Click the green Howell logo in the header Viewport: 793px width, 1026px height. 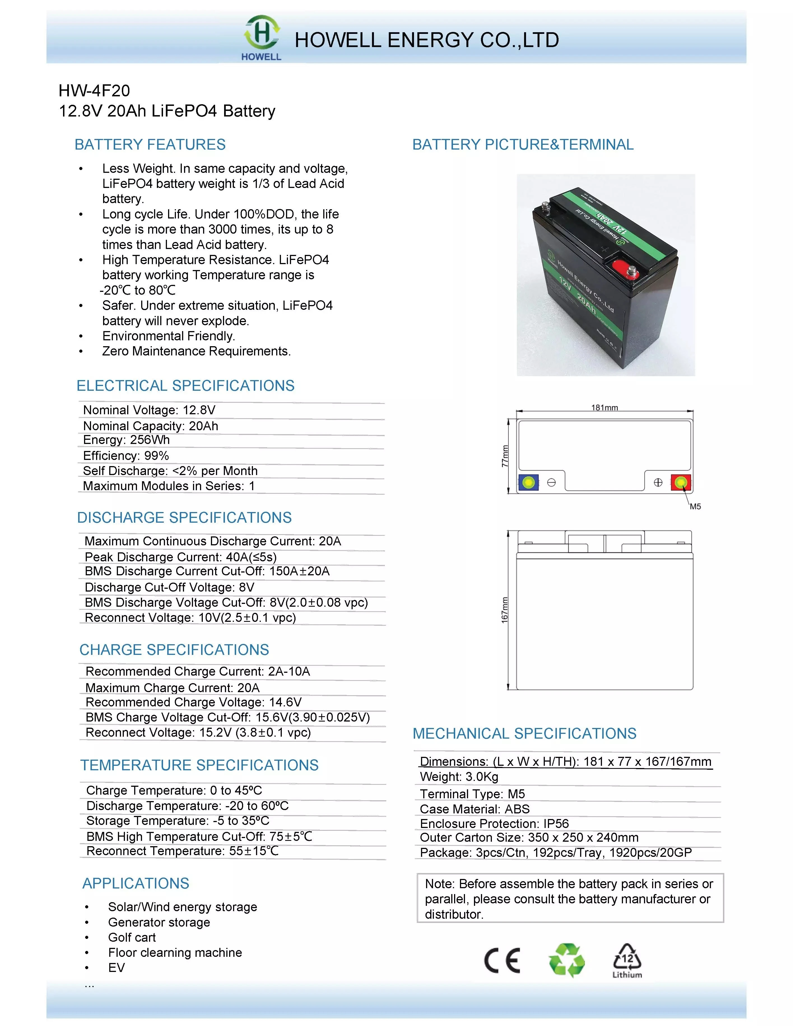[261, 37]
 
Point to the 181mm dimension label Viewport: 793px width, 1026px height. [604, 408]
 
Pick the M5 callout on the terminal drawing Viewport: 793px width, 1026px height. [695, 506]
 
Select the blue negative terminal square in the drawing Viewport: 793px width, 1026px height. [528, 482]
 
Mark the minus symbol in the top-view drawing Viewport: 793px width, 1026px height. [552, 482]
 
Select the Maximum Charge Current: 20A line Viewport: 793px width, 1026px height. [173, 687]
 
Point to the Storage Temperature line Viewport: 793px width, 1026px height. [178, 821]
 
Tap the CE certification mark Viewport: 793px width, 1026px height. [502, 960]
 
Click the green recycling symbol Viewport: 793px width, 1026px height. [567, 960]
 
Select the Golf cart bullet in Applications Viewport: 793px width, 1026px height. [132, 937]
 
